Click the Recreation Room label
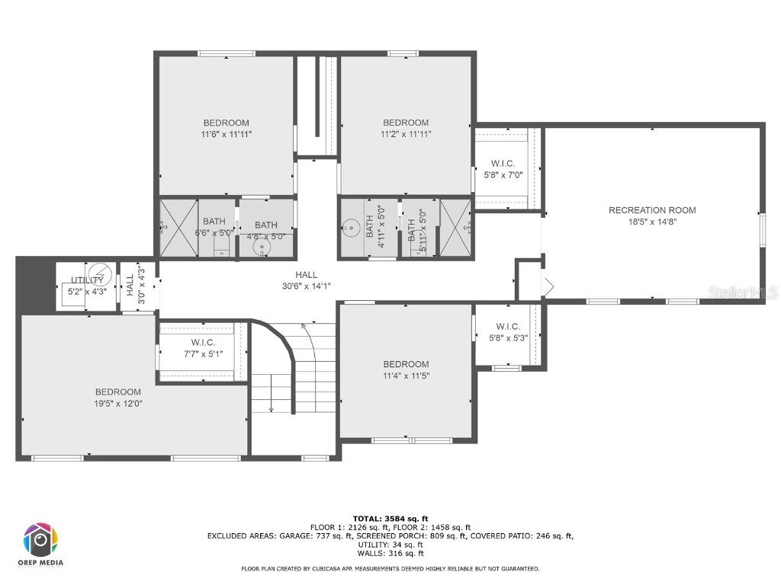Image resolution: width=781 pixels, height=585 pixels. point(652,210)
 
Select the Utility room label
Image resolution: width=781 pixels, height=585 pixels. point(87,280)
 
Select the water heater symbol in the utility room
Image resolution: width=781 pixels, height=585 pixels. point(99,273)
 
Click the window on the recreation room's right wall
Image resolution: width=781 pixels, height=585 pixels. point(761,230)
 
